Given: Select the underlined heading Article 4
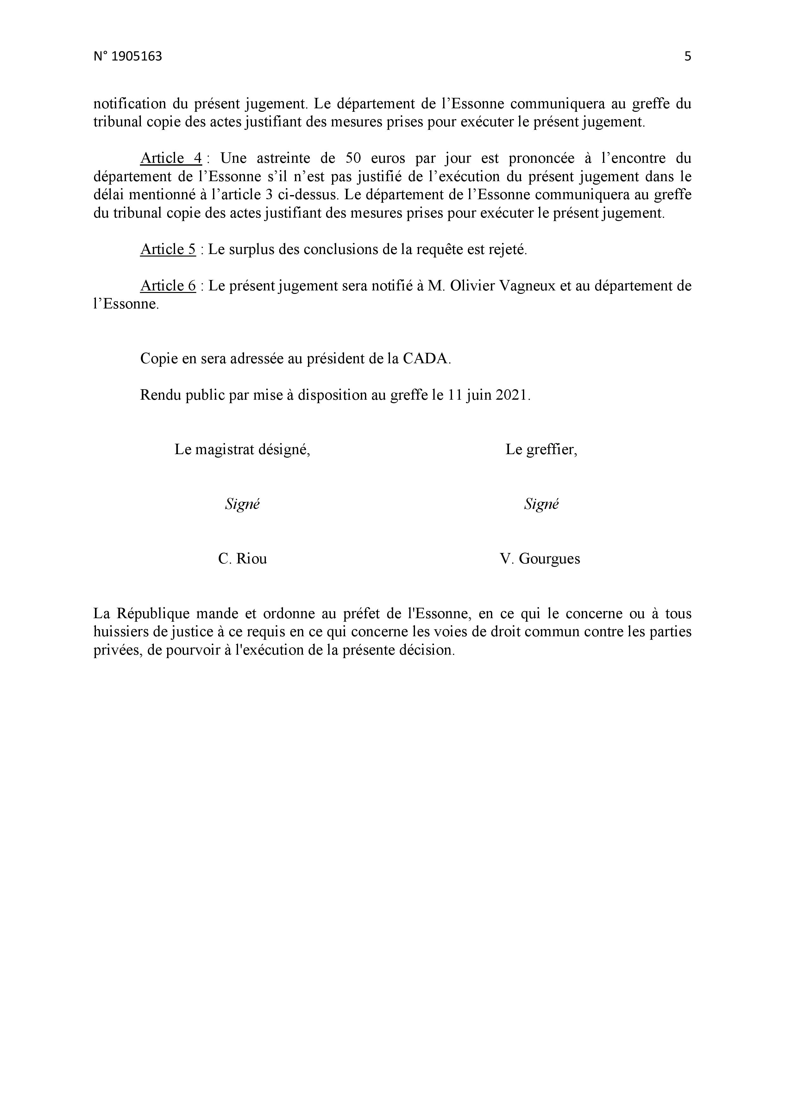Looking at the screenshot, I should [171, 158].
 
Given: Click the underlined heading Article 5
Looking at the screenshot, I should [168, 249].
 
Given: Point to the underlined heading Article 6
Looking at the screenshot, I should [168, 286].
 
